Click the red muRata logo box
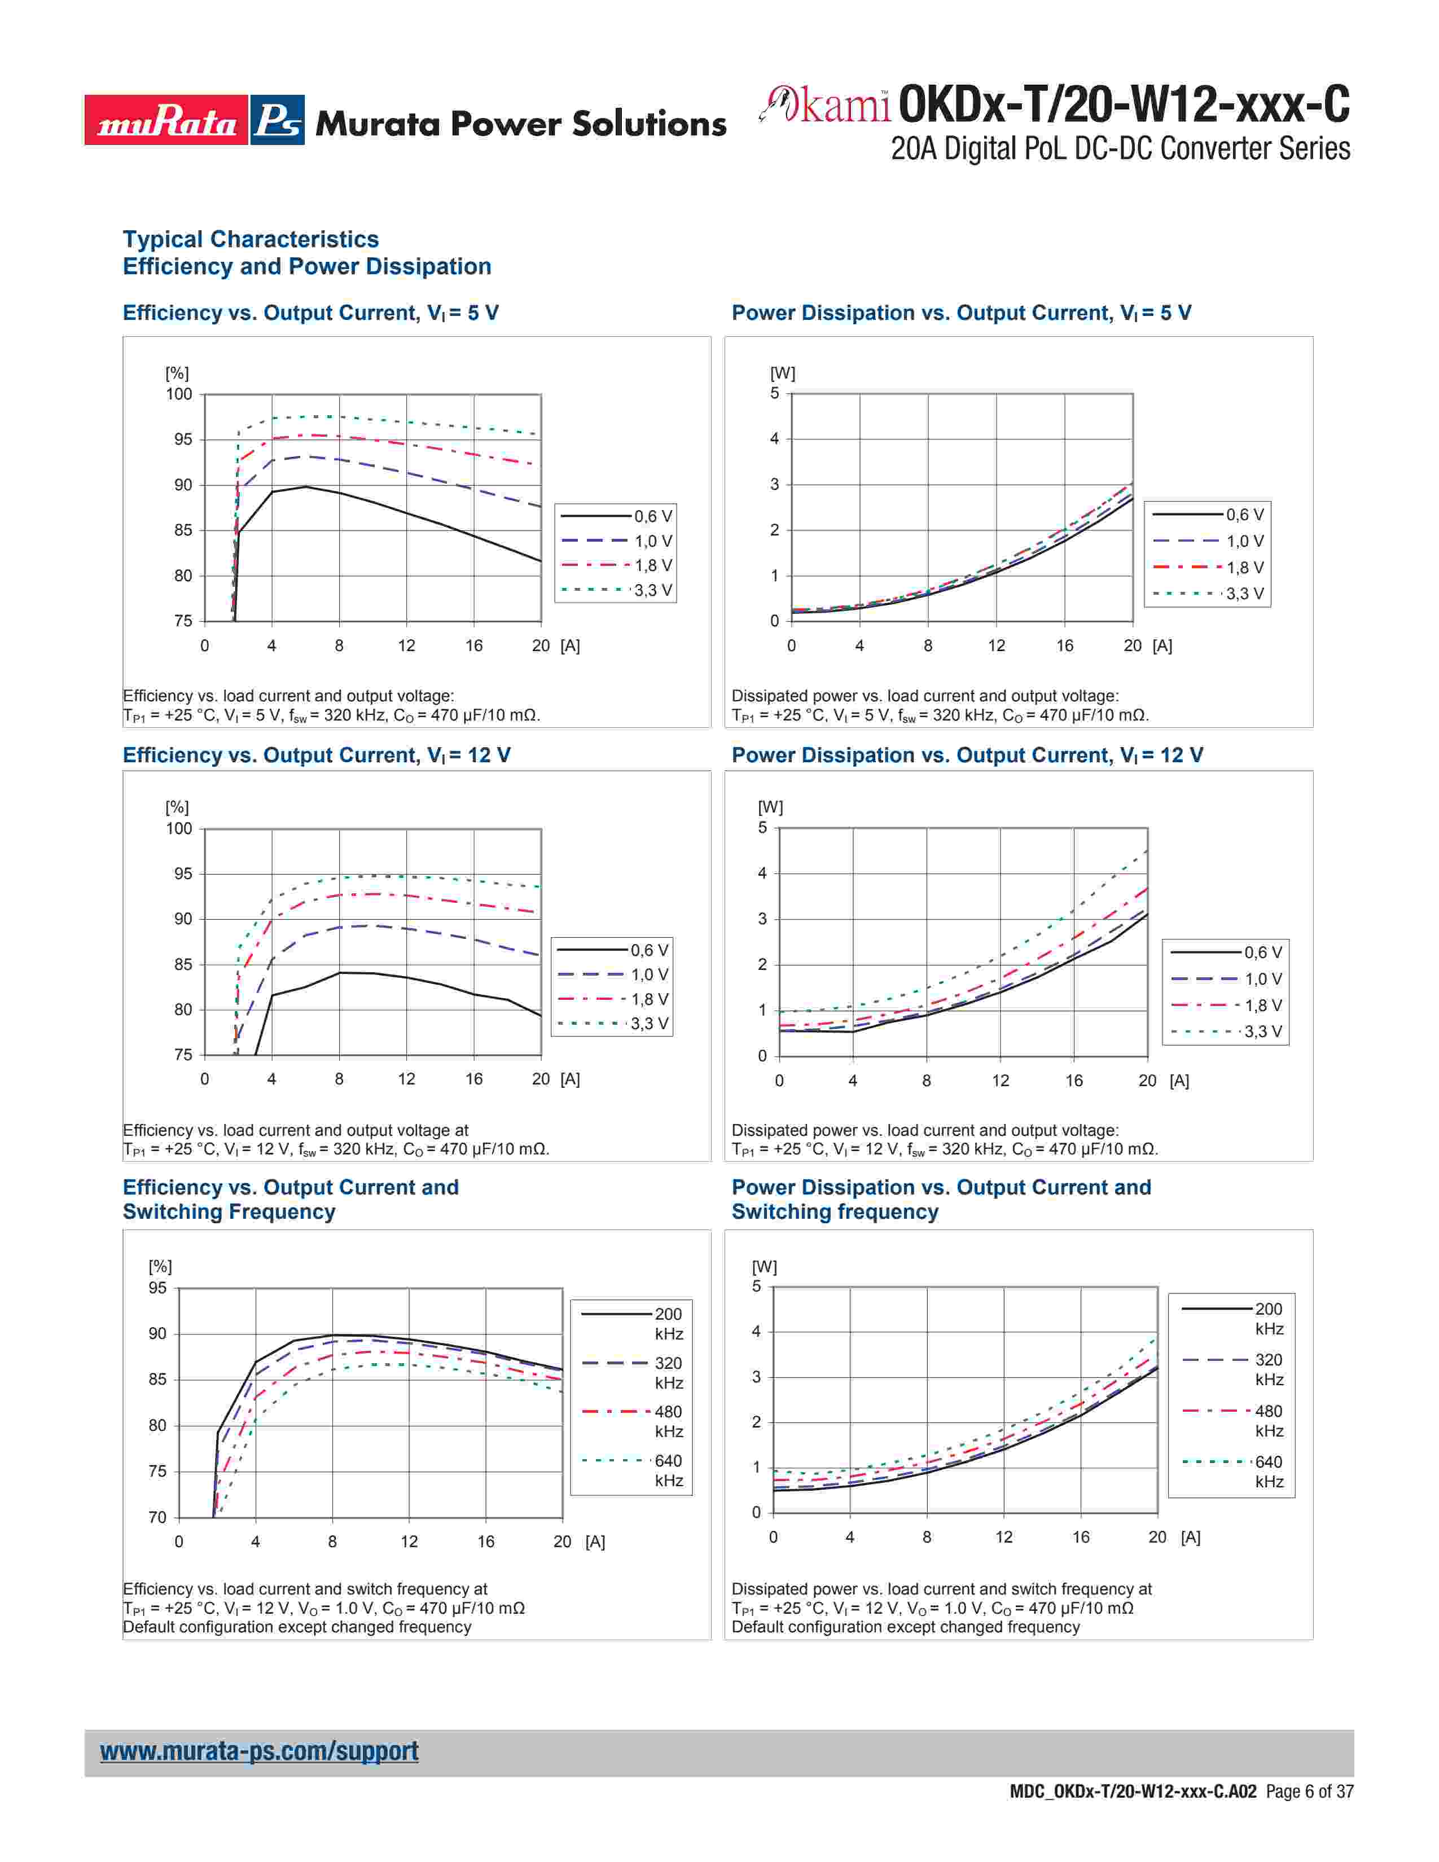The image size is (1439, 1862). pos(166,120)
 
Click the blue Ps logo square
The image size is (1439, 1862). pos(278,120)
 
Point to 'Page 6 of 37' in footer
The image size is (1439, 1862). pos(1309,1791)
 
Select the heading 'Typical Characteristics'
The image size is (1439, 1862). pos(251,240)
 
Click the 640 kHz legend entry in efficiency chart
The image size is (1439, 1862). pos(633,1470)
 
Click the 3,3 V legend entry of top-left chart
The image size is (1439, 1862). pos(616,590)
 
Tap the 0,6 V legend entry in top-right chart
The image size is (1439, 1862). pos(1208,515)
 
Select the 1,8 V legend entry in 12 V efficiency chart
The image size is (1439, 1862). pos(613,999)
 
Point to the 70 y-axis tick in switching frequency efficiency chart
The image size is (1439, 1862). pos(157,1518)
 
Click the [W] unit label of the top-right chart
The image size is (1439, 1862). pos(783,374)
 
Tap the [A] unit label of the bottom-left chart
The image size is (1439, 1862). pos(595,1542)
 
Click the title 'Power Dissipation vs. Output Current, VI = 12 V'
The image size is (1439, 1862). pos(967,756)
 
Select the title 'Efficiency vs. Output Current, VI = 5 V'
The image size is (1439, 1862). pos(310,313)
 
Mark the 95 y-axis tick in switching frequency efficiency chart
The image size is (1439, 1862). pos(157,1288)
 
